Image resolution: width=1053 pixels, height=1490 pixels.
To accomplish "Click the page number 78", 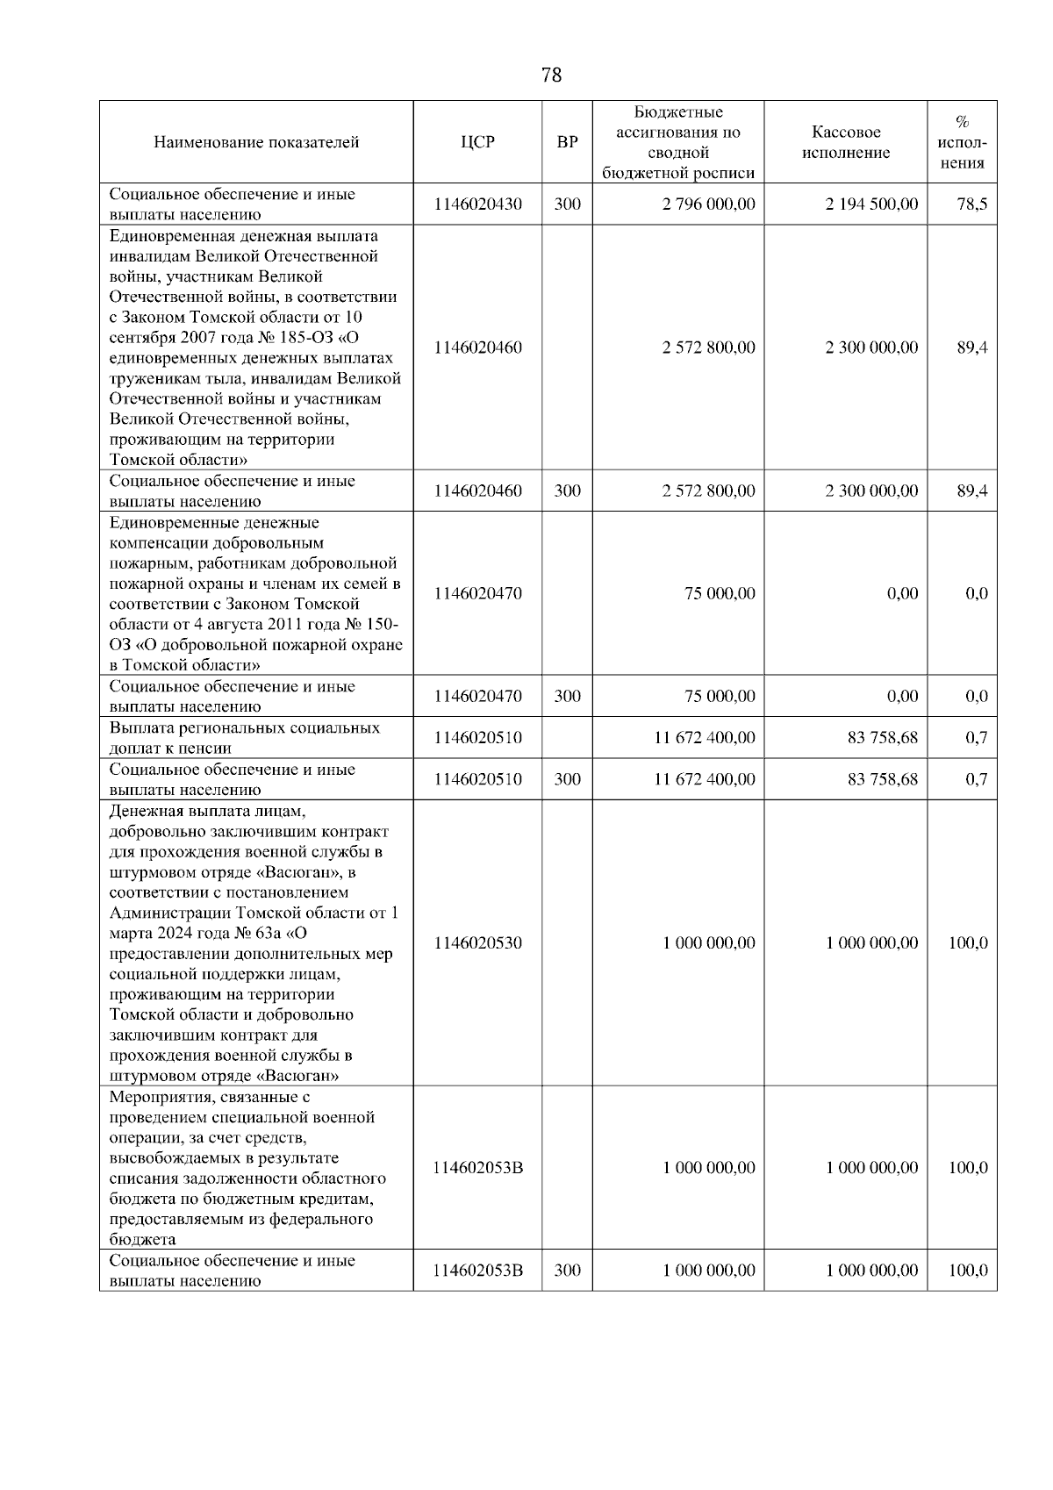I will tap(551, 75).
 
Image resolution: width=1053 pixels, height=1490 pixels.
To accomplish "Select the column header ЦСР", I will tap(477, 142).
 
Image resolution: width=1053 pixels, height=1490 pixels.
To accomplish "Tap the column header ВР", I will tap(567, 142).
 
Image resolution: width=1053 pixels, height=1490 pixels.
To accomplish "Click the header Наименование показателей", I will tap(256, 142).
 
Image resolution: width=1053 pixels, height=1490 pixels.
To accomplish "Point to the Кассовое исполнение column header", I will tap(846, 142).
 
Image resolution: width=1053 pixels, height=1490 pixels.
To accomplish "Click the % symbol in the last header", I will tap(962, 122).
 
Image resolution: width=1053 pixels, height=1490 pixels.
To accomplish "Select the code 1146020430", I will tap(477, 204).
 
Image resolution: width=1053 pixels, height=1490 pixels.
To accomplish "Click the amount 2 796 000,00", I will tap(708, 204).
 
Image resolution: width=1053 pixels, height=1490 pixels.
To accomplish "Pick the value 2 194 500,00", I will tap(871, 204).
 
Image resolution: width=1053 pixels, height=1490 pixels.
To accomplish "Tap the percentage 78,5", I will tap(971, 204).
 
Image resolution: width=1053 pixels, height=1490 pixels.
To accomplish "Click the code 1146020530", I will tap(477, 943).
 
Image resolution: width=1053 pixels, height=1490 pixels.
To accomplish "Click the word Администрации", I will tap(167, 913).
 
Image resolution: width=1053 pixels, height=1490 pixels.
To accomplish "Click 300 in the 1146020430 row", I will tap(567, 204).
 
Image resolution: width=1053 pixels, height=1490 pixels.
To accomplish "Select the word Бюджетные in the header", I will tap(678, 112).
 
